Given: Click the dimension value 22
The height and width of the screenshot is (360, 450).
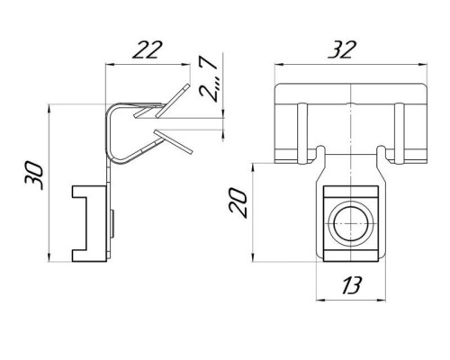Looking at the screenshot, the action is click(148, 49).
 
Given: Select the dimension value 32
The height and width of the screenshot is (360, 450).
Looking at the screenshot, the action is click(342, 49).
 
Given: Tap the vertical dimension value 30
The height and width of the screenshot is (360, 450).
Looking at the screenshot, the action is click(34, 175).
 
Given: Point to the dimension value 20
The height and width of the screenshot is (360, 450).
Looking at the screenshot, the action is click(238, 202).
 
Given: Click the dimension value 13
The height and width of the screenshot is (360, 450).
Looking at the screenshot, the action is click(351, 285).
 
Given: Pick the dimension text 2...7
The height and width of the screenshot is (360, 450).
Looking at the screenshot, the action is click(208, 78).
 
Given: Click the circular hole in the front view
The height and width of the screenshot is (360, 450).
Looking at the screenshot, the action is click(351, 223).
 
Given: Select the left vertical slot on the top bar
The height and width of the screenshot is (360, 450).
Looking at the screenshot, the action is click(302, 133).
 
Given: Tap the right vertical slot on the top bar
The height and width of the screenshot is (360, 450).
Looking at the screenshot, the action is click(399, 133).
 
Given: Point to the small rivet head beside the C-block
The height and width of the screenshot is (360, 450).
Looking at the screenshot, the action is click(112, 224).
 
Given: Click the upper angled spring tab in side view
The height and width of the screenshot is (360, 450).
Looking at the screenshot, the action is click(173, 101).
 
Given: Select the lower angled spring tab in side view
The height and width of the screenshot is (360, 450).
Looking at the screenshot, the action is click(173, 142).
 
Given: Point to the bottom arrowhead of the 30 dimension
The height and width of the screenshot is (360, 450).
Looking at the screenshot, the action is click(49, 258).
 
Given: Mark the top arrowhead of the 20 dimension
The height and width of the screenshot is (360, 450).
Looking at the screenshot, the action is click(253, 167).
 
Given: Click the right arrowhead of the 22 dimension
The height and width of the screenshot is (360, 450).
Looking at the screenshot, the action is click(187, 64).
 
